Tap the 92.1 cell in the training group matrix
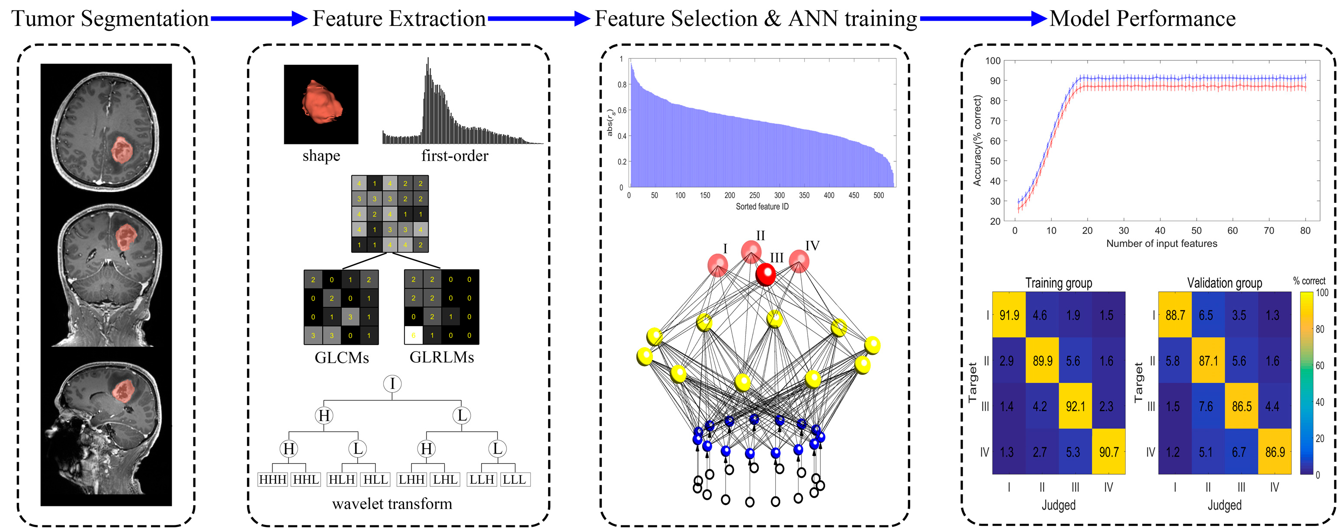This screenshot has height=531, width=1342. (x=1075, y=406)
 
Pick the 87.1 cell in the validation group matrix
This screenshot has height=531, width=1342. (x=1207, y=360)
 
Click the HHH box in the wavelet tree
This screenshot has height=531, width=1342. (x=273, y=480)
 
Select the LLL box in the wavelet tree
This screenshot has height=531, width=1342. (x=514, y=480)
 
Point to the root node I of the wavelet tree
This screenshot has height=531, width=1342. (x=392, y=384)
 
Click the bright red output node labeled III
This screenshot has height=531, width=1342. (x=765, y=274)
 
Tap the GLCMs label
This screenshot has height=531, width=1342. (x=341, y=358)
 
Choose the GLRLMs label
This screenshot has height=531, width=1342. (x=441, y=357)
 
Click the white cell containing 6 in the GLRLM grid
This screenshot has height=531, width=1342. (x=413, y=335)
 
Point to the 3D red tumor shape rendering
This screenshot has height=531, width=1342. (x=321, y=102)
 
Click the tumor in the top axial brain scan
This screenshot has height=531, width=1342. (x=122, y=150)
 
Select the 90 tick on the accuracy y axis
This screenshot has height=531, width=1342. (x=995, y=81)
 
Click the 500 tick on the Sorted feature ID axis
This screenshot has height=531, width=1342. (x=878, y=195)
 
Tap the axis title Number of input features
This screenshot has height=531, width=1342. (x=1161, y=243)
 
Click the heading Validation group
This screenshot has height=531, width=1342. (x=1224, y=283)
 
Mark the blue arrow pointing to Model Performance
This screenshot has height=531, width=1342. (x=982, y=19)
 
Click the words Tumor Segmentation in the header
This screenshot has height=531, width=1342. (x=110, y=19)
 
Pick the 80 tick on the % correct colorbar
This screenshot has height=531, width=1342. (x=1320, y=329)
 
